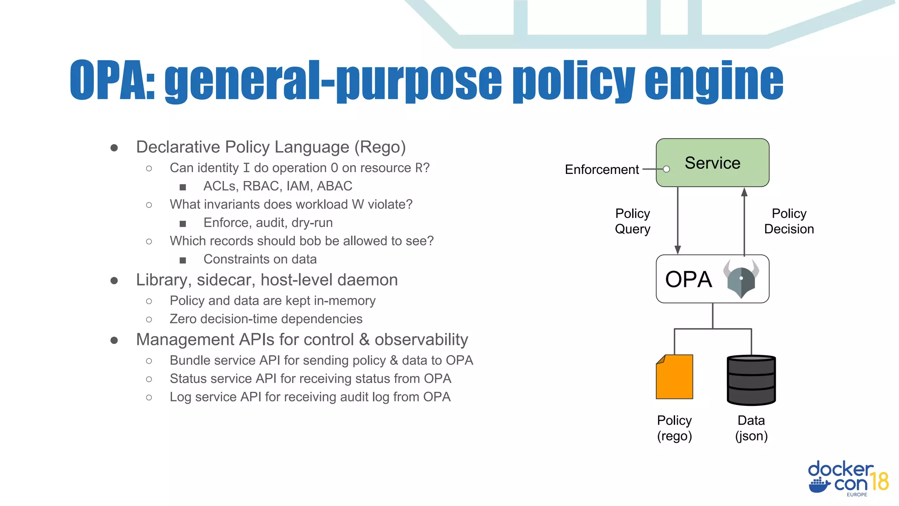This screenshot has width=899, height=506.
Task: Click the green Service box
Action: [x=712, y=163]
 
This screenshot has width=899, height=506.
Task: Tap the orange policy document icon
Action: [x=674, y=377]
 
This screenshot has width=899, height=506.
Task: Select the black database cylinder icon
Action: [x=751, y=380]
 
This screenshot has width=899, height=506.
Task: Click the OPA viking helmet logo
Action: [x=741, y=278]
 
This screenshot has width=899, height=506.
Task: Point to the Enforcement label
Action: [x=601, y=170]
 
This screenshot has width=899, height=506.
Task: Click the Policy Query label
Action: [x=632, y=221]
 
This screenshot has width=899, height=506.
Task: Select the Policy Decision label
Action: [x=788, y=221]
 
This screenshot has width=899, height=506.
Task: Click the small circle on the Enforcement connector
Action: [x=666, y=169]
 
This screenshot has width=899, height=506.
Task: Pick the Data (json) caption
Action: [x=751, y=428]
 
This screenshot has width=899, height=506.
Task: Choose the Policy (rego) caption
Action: [x=674, y=428]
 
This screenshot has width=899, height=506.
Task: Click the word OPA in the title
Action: [x=112, y=80]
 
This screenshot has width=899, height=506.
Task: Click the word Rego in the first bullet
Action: [x=380, y=147]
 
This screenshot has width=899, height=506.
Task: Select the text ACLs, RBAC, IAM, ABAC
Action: [x=277, y=186]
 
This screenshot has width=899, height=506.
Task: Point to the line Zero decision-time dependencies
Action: [x=266, y=319]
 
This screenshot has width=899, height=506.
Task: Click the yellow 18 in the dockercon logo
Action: [x=880, y=481]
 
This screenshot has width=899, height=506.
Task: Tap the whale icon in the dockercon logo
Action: [x=819, y=485]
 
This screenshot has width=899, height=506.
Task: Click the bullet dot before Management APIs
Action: [x=114, y=340]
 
